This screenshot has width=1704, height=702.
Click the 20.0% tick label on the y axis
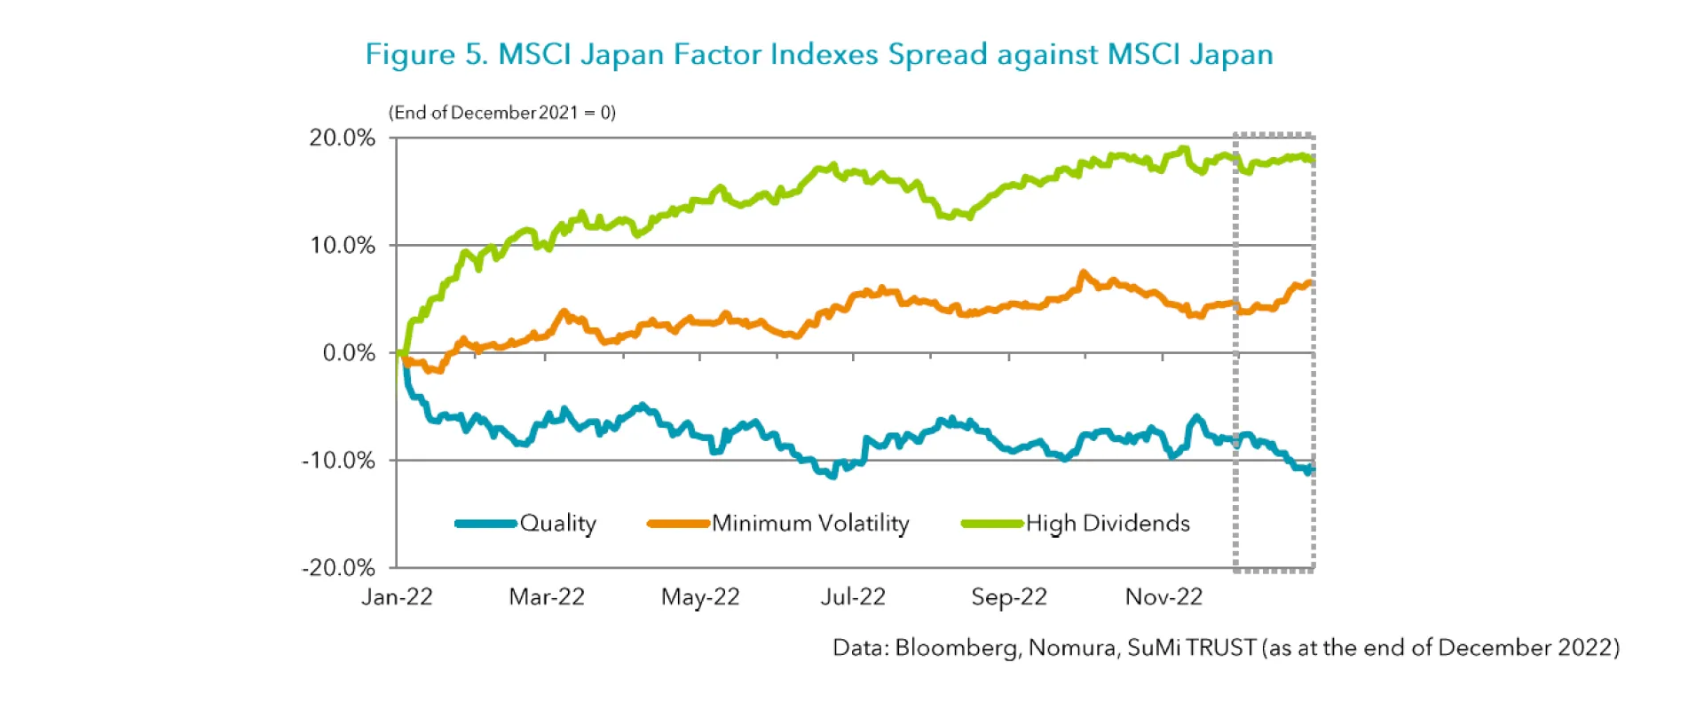click(342, 138)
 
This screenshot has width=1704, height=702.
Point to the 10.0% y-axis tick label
click(342, 245)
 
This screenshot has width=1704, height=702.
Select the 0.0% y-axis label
click(349, 352)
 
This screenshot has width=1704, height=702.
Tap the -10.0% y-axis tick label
click(338, 460)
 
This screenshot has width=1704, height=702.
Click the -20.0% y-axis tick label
click(338, 567)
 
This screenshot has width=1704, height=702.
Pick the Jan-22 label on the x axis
click(397, 596)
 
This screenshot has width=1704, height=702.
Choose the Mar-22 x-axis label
click(547, 596)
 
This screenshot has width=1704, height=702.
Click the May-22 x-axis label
click(700, 596)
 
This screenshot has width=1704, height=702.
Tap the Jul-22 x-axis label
click(853, 596)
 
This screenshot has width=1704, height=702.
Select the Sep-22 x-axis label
click(1009, 596)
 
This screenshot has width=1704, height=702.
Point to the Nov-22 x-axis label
click(1164, 596)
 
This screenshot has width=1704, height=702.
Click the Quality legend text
click(558, 523)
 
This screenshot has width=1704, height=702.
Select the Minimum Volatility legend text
click(810, 523)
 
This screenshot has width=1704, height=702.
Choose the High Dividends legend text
click(1108, 523)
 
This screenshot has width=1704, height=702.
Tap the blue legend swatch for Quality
click(485, 524)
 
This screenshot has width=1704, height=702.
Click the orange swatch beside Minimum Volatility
click(678, 524)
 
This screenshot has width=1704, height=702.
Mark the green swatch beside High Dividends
click(992, 524)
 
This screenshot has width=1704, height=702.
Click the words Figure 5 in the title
click(426, 54)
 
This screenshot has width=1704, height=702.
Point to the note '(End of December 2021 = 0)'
click(502, 113)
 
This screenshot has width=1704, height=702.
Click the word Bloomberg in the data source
click(957, 647)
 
